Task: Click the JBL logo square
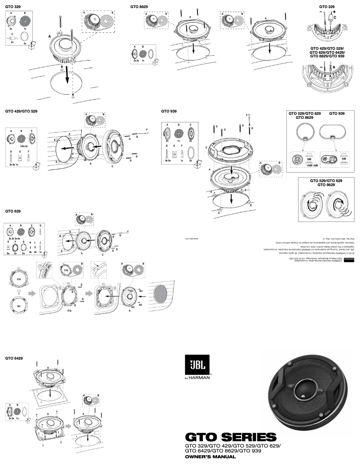tap(196, 364)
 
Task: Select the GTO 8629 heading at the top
tap(139, 7)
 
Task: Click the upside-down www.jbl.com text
tap(192, 239)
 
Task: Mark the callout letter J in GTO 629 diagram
tap(127, 231)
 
